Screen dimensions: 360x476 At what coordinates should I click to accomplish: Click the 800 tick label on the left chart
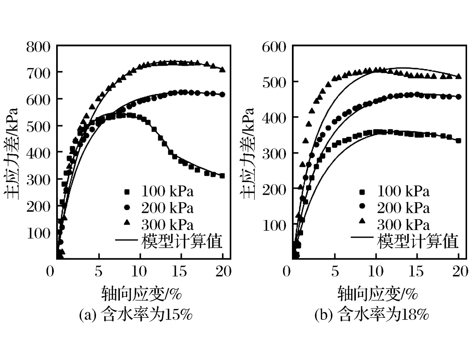pyautogui.click(x=38, y=47)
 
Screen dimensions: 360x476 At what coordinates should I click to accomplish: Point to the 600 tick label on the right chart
pyautogui.click(x=274, y=47)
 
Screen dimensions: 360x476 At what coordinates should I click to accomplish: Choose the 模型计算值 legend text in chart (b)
pyautogui.click(x=418, y=241)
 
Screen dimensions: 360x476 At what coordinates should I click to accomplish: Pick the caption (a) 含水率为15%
pyautogui.click(x=136, y=315)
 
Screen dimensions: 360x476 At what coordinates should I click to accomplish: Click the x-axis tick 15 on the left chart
pyautogui.click(x=180, y=272)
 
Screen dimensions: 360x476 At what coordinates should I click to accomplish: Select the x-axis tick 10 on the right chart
pyautogui.click(x=376, y=272)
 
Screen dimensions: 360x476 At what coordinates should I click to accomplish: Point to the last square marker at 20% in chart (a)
pyautogui.click(x=222, y=176)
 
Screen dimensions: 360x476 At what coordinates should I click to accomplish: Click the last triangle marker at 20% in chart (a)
pyautogui.click(x=222, y=69)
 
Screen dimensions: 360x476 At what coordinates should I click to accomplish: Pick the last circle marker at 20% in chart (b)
pyautogui.click(x=459, y=97)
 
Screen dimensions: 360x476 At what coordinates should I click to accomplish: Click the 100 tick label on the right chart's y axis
pyautogui.click(x=274, y=225)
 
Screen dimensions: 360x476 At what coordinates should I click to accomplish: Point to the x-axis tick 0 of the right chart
pyautogui.click(x=286, y=272)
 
